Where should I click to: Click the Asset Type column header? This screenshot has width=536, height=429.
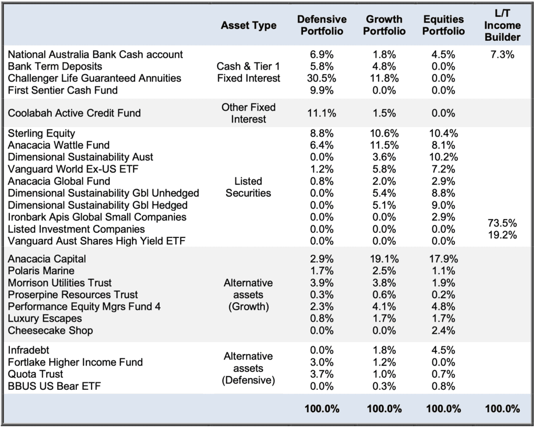tap(249, 25)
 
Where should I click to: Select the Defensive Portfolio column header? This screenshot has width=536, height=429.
tap(322, 25)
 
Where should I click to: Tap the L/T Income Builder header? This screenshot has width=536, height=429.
tap(502, 25)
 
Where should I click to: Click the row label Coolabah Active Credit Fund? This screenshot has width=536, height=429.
tap(74, 113)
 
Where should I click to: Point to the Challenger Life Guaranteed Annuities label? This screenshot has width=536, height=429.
tap(94, 78)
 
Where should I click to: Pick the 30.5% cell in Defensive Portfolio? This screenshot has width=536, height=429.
tap(321, 78)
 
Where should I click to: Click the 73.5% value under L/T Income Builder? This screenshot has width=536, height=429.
tap(502, 223)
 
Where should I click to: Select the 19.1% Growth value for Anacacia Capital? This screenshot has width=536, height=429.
tap(384, 259)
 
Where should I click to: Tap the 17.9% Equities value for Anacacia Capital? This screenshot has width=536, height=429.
tap(443, 259)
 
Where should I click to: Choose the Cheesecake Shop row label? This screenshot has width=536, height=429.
tap(50, 331)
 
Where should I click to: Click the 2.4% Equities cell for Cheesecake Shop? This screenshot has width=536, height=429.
tap(443, 331)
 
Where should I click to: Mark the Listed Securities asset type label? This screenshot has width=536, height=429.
tap(248, 187)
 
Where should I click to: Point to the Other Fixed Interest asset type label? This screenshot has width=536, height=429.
tap(249, 113)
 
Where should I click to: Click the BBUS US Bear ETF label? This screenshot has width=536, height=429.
tap(54, 386)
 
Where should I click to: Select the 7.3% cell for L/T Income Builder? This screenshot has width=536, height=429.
tap(502, 54)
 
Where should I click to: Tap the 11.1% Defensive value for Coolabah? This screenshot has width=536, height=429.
tap(321, 113)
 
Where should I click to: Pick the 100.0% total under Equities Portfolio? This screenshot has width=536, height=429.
tap(443, 409)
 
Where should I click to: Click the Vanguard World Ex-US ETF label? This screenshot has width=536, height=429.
tap(73, 169)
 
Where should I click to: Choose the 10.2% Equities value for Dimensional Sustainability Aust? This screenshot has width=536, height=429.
tap(443, 157)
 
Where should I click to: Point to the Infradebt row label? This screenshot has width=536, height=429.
tap(28, 350)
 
